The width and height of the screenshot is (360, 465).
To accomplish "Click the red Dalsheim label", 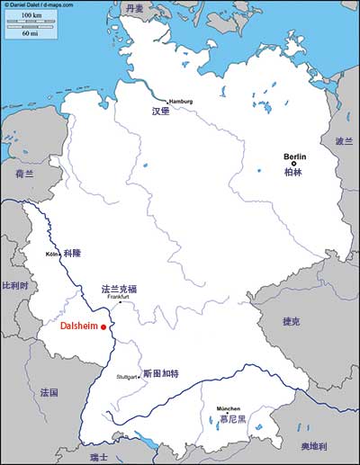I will tap(79, 327).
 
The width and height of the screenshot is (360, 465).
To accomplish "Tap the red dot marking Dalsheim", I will tap(104, 327).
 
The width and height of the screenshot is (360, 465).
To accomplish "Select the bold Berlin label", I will tap(295, 156).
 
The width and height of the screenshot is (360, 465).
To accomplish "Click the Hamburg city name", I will tap(181, 101).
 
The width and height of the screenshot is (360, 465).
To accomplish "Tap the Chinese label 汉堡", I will tap(160, 112).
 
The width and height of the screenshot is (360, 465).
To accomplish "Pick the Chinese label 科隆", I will tap(72, 255).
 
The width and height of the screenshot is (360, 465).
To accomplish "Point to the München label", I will tap(228, 409).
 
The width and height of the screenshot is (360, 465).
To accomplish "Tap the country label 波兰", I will tap(344, 141).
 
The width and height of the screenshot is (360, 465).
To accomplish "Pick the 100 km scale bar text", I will tap(31, 16).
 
